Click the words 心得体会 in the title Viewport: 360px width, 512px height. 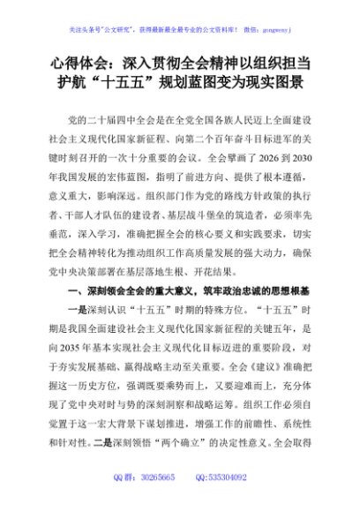pos(77,64)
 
